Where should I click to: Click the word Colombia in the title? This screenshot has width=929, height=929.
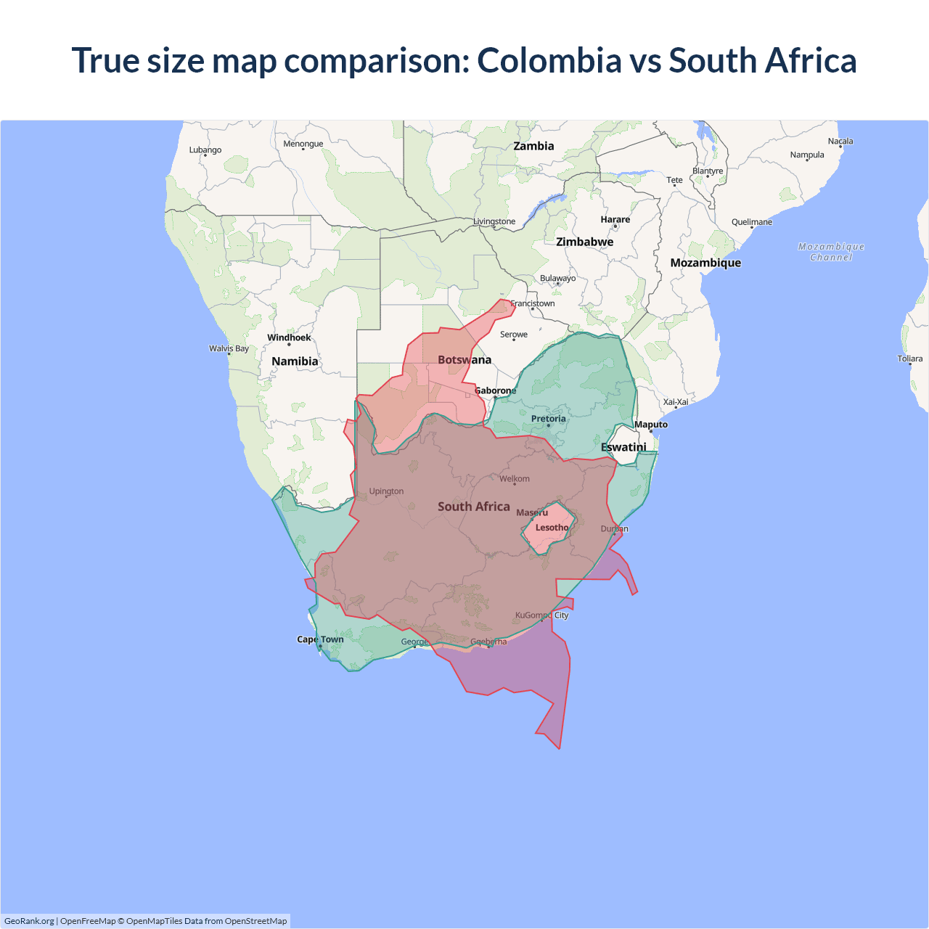click(549, 61)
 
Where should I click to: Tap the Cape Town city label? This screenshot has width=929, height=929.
click(320, 639)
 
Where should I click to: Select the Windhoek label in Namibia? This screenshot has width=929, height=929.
click(289, 337)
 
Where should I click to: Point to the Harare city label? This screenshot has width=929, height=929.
click(615, 219)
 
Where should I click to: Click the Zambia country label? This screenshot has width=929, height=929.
click(533, 146)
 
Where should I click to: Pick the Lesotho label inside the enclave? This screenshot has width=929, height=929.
click(552, 528)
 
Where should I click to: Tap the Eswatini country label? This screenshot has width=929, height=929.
click(623, 447)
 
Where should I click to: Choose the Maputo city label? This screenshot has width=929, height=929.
click(650, 425)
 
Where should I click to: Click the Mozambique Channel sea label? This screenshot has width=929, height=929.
click(831, 252)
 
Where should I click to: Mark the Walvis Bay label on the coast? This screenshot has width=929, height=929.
click(229, 348)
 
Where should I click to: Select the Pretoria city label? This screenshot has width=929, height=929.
click(548, 419)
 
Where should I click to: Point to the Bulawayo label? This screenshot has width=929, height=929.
click(557, 278)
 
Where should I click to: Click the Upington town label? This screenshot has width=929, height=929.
click(386, 491)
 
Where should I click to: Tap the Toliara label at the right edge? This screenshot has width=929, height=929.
click(909, 359)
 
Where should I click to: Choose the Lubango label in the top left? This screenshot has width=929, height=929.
click(205, 150)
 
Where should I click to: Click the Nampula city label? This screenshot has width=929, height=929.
click(807, 155)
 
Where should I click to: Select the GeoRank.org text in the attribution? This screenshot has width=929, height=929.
click(29, 921)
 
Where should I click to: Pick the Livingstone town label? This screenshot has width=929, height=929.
click(494, 221)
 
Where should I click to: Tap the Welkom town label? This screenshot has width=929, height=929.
click(515, 479)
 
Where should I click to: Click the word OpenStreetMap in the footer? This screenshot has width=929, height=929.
click(255, 921)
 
